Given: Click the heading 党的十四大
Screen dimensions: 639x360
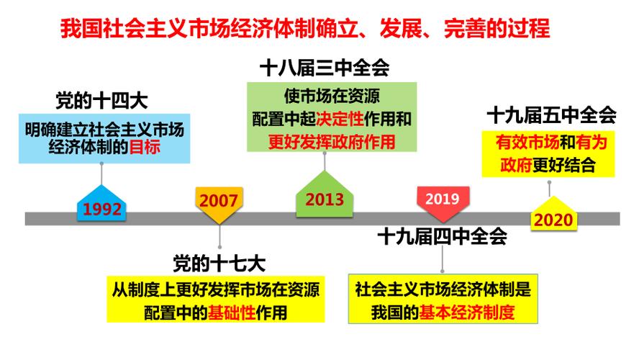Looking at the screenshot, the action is (x=101, y=101).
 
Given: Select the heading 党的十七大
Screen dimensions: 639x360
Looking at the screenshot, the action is (x=219, y=264).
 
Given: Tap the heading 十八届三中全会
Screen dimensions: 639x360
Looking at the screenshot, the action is (x=325, y=68).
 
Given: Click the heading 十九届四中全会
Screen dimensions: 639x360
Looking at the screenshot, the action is (x=442, y=236).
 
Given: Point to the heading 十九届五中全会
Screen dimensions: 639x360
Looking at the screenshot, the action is (x=551, y=115).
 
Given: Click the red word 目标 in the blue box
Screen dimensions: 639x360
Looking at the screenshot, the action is (x=145, y=147).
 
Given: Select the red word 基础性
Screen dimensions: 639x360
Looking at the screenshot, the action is (x=232, y=312).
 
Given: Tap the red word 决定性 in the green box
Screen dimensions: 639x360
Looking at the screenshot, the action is (x=340, y=119).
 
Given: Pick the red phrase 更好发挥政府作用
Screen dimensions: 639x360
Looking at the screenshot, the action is (x=332, y=142).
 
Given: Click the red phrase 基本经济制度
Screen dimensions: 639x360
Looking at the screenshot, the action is (x=466, y=312).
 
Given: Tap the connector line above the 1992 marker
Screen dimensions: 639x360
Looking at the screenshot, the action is (x=101, y=174).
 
